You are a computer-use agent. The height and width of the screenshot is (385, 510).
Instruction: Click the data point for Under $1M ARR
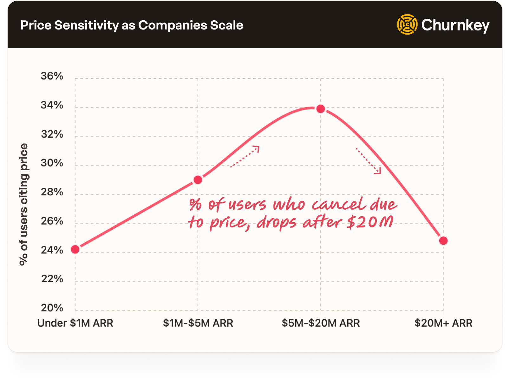(75, 250)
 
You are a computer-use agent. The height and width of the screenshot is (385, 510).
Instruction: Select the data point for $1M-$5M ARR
(198, 180)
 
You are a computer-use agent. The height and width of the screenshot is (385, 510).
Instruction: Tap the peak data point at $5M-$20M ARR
(321, 109)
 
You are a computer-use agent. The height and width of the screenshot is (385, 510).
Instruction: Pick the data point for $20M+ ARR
(443, 241)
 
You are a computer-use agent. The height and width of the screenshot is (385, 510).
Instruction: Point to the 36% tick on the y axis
(52, 76)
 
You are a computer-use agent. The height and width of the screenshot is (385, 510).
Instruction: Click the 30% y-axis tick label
(52, 163)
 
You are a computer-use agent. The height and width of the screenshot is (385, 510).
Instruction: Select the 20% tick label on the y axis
(52, 308)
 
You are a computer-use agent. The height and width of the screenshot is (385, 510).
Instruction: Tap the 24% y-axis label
(52, 250)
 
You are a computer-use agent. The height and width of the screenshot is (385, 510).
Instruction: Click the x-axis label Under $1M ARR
(75, 323)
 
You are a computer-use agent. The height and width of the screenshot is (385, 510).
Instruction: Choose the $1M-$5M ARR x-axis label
(198, 323)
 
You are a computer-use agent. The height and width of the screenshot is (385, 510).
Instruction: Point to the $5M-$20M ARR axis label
(321, 323)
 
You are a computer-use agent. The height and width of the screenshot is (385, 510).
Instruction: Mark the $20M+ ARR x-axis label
(443, 323)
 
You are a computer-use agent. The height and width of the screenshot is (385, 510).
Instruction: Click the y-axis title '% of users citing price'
(24, 205)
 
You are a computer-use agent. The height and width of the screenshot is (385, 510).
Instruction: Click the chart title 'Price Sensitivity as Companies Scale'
(132, 25)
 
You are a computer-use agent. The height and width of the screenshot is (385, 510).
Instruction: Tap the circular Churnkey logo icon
(407, 24)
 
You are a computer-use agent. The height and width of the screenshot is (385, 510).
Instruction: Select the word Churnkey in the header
(455, 25)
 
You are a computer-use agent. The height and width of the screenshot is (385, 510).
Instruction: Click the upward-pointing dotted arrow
(245, 156)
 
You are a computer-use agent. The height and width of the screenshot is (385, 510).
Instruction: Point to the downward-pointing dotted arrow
(368, 160)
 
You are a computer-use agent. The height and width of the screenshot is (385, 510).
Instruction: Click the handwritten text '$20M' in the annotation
(370, 222)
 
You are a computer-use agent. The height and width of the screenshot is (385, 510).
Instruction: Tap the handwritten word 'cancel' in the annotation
(339, 205)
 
